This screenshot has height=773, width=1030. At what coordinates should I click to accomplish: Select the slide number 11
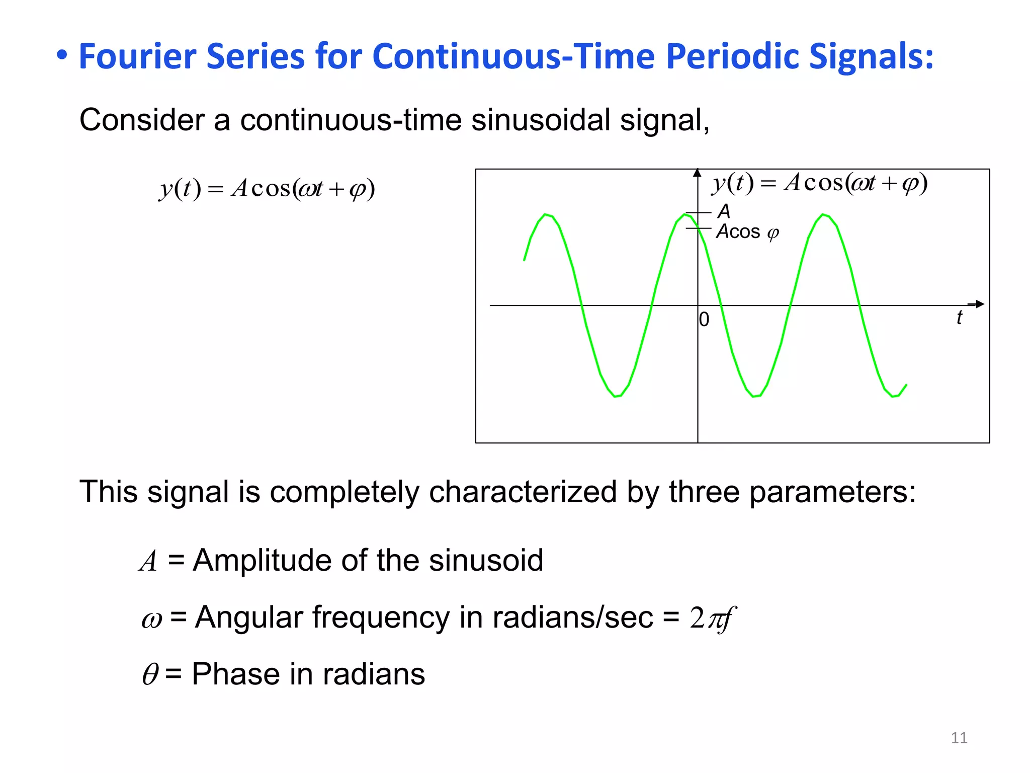[x=959, y=738]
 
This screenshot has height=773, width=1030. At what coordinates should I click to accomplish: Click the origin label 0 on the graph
[x=704, y=320]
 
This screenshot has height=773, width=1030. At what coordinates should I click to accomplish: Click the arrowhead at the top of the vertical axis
[x=697, y=173]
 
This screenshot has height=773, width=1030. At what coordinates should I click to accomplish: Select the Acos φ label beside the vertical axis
[x=747, y=232]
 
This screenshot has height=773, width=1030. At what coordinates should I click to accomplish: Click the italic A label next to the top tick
[x=724, y=211]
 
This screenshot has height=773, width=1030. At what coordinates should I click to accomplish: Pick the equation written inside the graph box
[x=819, y=183]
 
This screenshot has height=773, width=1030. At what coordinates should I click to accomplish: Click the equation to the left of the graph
[x=267, y=189]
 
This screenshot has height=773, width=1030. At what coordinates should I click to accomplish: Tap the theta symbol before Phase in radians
[x=150, y=674]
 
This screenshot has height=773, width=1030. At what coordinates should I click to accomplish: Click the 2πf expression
[x=712, y=618]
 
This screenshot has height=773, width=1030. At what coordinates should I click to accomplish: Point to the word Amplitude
[x=262, y=560]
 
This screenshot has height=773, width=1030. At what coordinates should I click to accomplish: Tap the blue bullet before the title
[x=61, y=54]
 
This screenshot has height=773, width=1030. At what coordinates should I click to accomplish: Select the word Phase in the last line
[x=235, y=674]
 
